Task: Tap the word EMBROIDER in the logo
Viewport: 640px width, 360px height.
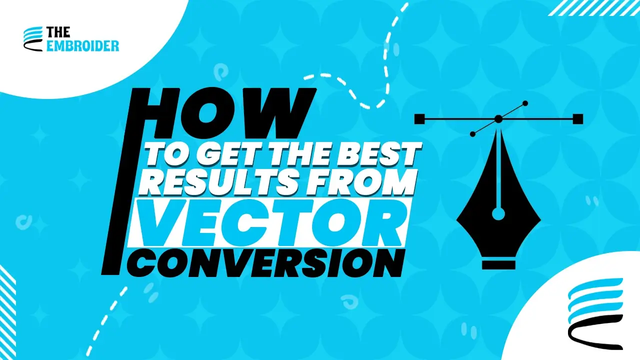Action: tap(82, 46)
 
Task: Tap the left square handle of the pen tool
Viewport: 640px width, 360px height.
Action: tap(419, 119)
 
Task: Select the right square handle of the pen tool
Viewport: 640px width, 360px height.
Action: tap(577, 119)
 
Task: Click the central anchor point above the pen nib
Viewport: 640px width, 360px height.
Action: tap(498, 119)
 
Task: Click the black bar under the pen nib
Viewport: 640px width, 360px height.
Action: tap(498, 264)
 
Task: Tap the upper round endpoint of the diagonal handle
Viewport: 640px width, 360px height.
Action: tap(525, 103)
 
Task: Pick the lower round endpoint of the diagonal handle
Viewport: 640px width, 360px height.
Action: tap(472, 134)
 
